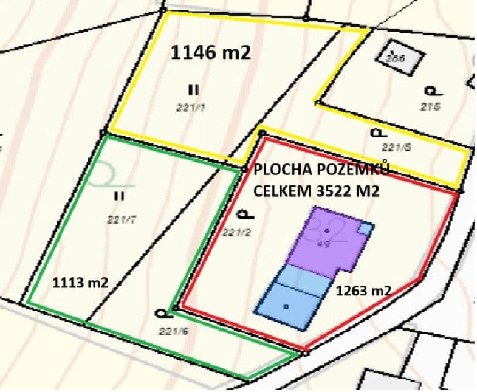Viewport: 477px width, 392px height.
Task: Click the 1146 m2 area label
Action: [210, 53]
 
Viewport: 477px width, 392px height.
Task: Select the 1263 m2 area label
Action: [363, 291]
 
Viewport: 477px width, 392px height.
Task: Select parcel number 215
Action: [430, 107]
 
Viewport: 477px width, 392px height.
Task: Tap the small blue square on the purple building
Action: [365, 228]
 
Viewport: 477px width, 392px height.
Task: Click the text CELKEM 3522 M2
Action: [316, 191]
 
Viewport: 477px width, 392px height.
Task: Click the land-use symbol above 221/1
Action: [193, 90]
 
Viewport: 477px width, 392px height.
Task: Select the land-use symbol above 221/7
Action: [119, 196]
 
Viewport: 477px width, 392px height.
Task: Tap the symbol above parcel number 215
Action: [431, 91]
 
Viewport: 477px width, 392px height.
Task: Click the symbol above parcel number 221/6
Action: [162, 313]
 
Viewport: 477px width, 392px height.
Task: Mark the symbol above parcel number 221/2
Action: [245, 213]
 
